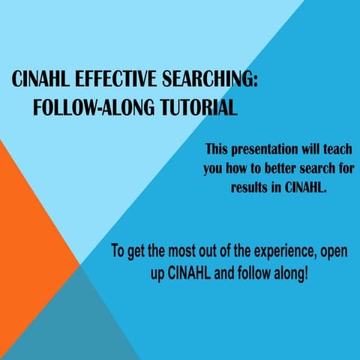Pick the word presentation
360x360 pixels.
tap(268, 148)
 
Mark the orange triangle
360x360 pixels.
tap(30, 217)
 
